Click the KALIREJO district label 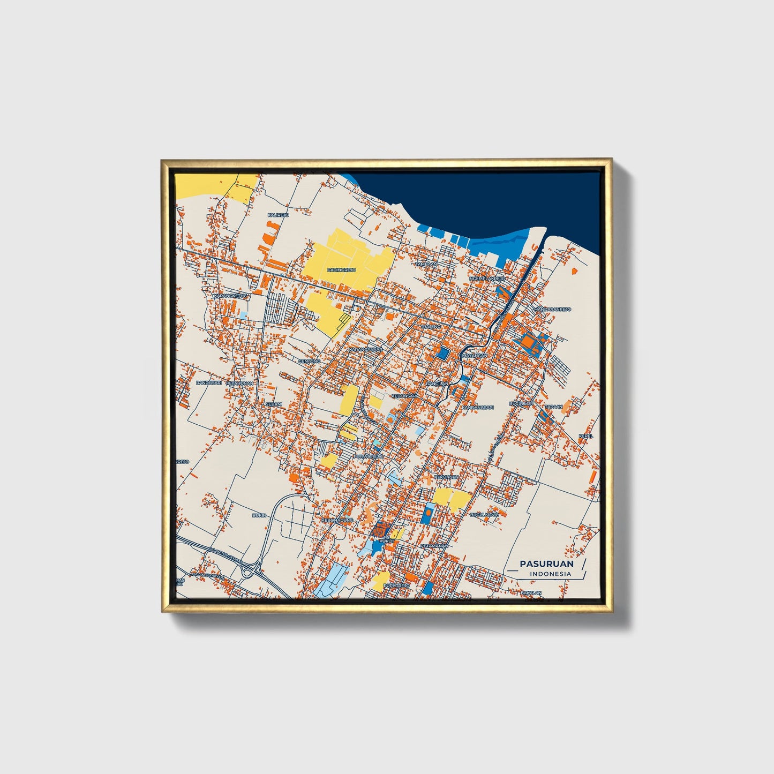(x=278, y=215)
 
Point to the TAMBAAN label (x=427, y=264)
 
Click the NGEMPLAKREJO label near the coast (x=487, y=279)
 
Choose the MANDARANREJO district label (x=552, y=309)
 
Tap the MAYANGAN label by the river (x=474, y=355)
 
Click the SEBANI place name (x=274, y=404)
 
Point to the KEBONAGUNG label (x=337, y=520)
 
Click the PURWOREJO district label (x=369, y=456)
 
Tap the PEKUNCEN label (x=446, y=477)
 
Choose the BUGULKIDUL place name (x=485, y=514)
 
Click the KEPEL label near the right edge (x=586, y=436)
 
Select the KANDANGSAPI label (x=478, y=407)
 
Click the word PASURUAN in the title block (x=546, y=563)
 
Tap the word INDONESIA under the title (x=551, y=574)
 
